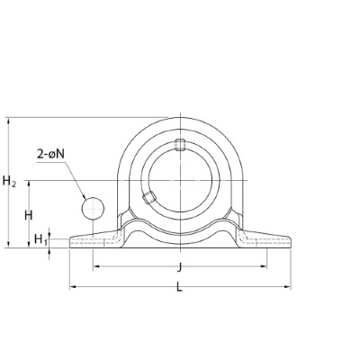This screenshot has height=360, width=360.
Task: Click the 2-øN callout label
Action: click(50, 154)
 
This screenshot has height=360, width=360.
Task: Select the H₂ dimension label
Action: click(9, 181)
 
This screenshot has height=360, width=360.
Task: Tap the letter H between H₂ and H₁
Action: click(29, 215)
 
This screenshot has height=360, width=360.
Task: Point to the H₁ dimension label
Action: click(40, 239)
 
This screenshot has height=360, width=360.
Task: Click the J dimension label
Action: click(179, 267)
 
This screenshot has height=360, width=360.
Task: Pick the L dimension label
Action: click(179, 288)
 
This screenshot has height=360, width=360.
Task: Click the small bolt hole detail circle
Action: click(93, 208)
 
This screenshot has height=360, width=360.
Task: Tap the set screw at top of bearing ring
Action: click(180, 144)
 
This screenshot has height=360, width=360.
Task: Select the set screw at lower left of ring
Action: click(149, 197)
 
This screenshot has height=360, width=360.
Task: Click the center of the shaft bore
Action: click(180, 180)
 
